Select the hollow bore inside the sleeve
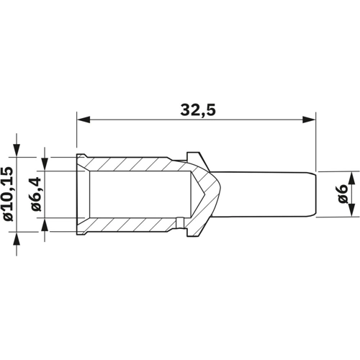click(137, 194)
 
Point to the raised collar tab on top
click(195, 156)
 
